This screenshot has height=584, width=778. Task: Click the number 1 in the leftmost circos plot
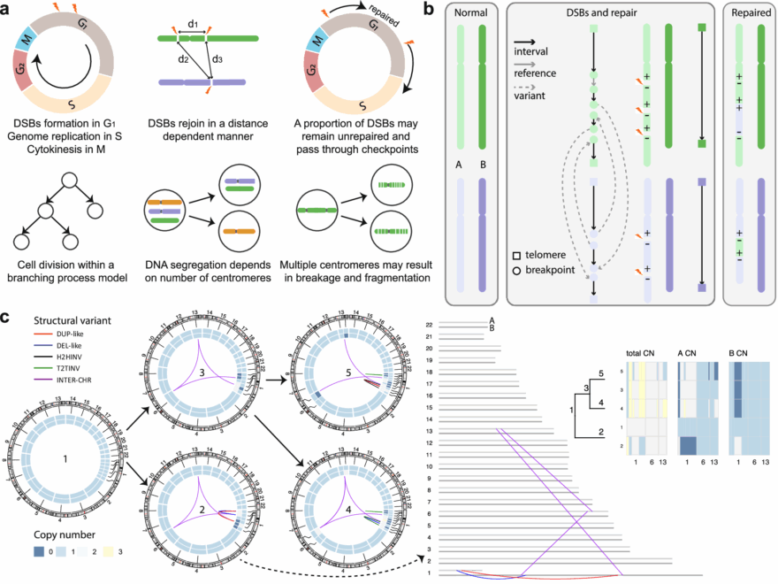[x=67, y=459]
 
